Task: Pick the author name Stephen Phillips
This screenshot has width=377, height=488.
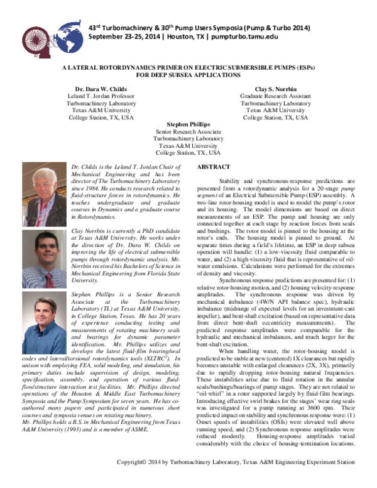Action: pyautogui.click(x=188, y=125)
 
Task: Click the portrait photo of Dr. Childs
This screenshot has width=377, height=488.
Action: pyautogui.click(x=43, y=190)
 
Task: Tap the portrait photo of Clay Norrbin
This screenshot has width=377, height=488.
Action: pyautogui.click(x=43, y=254)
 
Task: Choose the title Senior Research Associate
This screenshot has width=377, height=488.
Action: pyautogui.click(x=188, y=131)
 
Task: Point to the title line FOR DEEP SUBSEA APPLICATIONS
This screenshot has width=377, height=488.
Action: pyautogui.click(x=188, y=75)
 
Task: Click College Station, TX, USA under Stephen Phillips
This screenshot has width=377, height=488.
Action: pyautogui.click(x=188, y=152)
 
